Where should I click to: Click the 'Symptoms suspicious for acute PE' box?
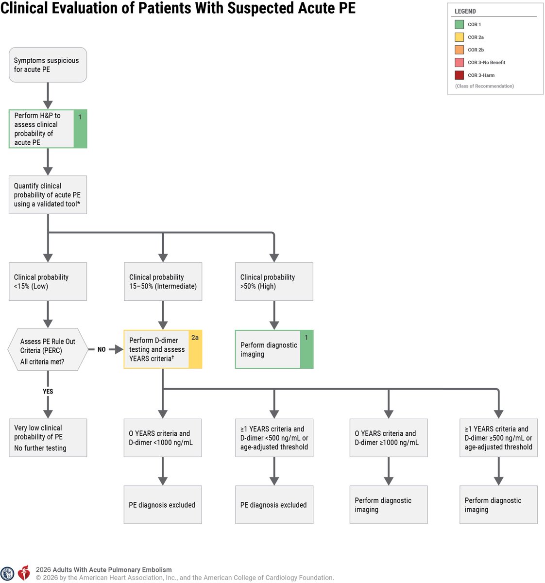pyautogui.click(x=48, y=65)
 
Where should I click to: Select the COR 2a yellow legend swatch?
pyautogui.click(x=459, y=37)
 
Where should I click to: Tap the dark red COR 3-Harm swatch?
pyautogui.click(x=459, y=75)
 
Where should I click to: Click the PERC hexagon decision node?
pyautogui.click(x=48, y=349)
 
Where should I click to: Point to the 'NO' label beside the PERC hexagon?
pyautogui.click(x=102, y=349)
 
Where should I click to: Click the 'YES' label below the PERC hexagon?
pyautogui.click(x=48, y=391)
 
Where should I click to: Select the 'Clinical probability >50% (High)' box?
pyautogui.click(x=274, y=281)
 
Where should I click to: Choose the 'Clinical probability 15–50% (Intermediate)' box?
pyautogui.click(x=163, y=281)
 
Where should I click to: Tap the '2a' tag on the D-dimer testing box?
pyautogui.click(x=195, y=338)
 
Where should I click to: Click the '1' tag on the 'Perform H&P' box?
pyautogui.click(x=80, y=117)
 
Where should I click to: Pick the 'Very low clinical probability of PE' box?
pyautogui.click(x=48, y=438)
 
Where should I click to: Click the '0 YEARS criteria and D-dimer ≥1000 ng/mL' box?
pyautogui.click(x=389, y=438)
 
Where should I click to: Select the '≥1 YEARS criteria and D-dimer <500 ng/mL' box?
pyautogui.click(x=274, y=438)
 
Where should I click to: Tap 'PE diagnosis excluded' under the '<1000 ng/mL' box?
pyautogui.click(x=163, y=505)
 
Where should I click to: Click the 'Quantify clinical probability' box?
pyautogui.click(x=48, y=195)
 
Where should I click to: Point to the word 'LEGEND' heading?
pyautogui.click(x=465, y=11)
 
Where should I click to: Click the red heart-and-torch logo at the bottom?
pyautogui.click(x=24, y=573)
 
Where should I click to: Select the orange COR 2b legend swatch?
pyautogui.click(x=459, y=50)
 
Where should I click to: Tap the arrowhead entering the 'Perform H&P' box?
pyautogui.click(x=48, y=105)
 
